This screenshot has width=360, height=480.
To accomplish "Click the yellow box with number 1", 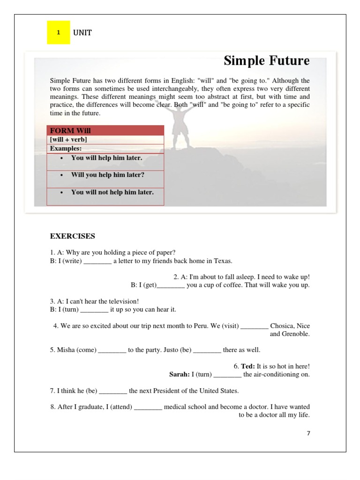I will click(x=58, y=33).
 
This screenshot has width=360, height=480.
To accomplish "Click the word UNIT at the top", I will click(x=82, y=33).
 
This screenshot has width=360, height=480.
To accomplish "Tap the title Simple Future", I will click(x=266, y=61).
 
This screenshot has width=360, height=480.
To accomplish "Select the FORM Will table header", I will click(x=70, y=131).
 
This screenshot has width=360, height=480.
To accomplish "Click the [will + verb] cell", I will click(x=68, y=140).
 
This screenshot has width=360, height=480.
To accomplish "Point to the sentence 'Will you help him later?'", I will click(x=108, y=175).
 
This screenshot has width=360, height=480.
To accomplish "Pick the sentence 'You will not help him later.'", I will click(x=112, y=192).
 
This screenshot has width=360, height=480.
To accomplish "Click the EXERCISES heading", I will click(x=73, y=236).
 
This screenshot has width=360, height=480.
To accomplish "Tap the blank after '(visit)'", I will click(x=255, y=326).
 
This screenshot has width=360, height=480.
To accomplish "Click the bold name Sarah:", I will click(x=180, y=374).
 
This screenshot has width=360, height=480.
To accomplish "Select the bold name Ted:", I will click(x=248, y=366).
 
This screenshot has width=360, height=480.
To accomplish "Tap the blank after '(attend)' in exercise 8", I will click(x=148, y=407).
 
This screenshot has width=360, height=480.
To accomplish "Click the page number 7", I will click(x=308, y=434).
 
